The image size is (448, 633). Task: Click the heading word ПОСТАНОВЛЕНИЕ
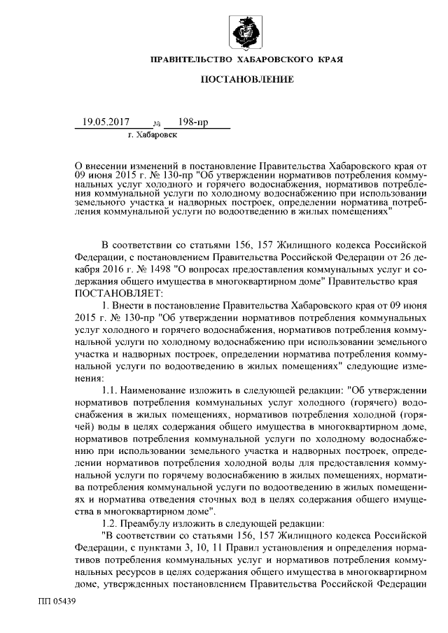click(x=247, y=81)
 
